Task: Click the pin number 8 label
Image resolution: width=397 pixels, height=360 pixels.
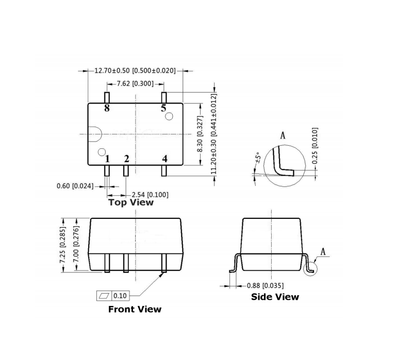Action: (x=107, y=108)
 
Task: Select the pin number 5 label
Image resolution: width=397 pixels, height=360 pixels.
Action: (x=163, y=108)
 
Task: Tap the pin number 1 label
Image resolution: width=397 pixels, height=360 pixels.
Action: (x=107, y=159)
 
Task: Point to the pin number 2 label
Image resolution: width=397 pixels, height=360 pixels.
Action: (x=126, y=159)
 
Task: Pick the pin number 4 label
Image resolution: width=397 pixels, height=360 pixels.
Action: (x=164, y=159)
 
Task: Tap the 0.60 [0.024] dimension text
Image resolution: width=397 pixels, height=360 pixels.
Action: (x=75, y=185)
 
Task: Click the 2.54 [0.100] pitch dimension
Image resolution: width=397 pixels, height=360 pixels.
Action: (x=150, y=194)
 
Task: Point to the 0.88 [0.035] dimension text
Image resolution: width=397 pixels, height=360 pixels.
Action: (x=266, y=285)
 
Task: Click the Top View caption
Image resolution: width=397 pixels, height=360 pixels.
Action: (x=131, y=202)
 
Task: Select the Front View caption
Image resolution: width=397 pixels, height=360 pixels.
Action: (x=135, y=310)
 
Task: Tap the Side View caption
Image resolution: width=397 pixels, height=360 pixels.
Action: (x=275, y=297)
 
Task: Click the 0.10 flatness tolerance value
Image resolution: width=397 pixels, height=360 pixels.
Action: (x=120, y=296)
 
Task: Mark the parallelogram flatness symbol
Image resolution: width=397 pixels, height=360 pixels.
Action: (x=104, y=296)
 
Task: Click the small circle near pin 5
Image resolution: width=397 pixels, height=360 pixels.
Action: (x=169, y=117)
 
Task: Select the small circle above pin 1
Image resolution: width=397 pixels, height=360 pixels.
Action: (x=102, y=152)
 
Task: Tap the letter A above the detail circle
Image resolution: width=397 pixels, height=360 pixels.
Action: (x=283, y=135)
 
